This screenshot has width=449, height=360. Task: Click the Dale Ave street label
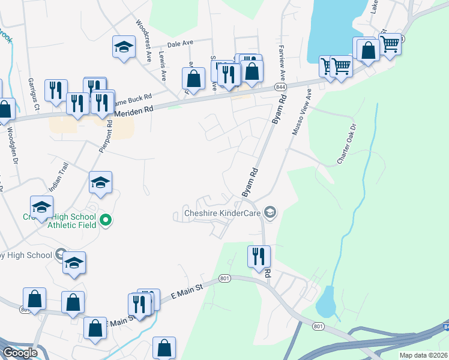tap(180, 44)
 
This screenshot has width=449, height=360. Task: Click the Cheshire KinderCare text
tap(221, 212)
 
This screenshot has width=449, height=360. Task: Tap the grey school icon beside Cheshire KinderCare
tap(270, 212)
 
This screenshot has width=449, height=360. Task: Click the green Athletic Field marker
tap(106, 221)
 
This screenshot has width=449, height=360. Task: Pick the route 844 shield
tap(280, 88)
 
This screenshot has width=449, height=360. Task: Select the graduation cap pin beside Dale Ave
tap(124, 47)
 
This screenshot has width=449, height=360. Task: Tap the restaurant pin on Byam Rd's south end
tap(259, 256)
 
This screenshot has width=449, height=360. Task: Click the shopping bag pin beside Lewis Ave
tap(193, 78)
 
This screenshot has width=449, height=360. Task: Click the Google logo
tap(20, 353)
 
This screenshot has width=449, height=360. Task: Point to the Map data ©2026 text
tap(423, 355)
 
